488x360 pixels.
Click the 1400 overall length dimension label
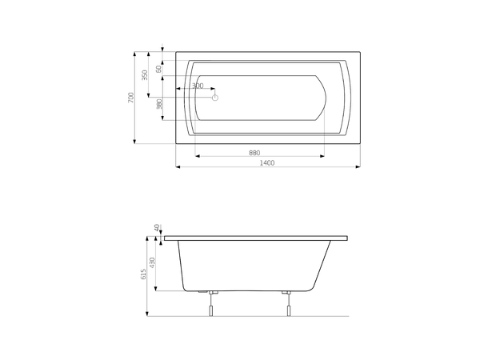coord(267,162)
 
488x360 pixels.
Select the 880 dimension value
coord(254,153)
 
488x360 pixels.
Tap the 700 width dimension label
coord(131,98)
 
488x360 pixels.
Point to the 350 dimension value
coord(145,75)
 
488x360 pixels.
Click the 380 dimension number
coord(159,104)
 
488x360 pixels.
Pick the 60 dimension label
coord(159,69)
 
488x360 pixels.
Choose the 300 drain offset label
coord(198,86)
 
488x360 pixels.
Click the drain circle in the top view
coord(214,98)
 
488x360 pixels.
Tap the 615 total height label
coord(143,274)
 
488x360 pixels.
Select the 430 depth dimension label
coord(152,262)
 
